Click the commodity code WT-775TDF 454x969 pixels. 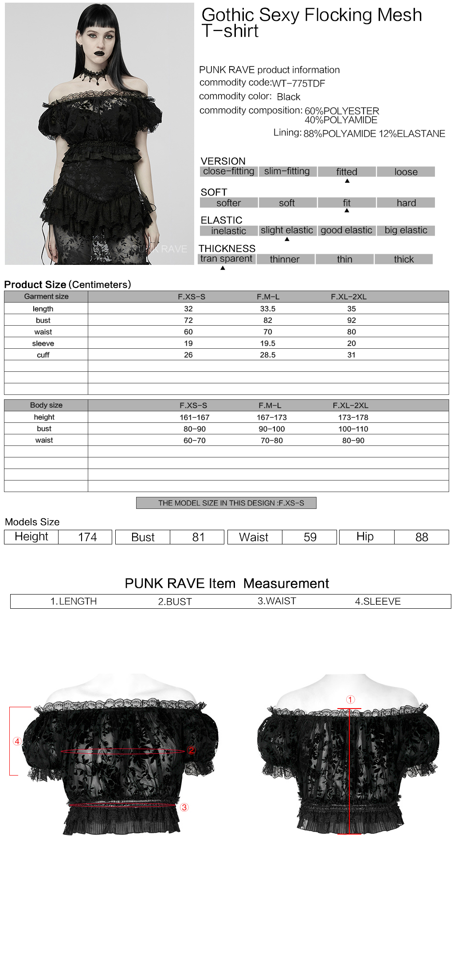[298, 83]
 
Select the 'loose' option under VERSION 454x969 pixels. [406, 172]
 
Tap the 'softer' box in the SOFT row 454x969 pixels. [229, 203]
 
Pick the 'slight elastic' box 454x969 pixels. [287, 230]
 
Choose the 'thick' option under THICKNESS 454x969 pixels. [403, 259]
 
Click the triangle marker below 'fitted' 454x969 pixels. [347, 181]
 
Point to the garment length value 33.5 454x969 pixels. [268, 309]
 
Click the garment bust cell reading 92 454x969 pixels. [352, 320]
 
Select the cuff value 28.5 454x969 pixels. [268, 355]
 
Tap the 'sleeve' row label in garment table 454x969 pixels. [43, 343]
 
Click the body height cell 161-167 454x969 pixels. [195, 418]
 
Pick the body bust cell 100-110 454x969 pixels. [353, 429]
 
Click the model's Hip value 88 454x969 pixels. [422, 537]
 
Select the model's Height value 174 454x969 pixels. [87, 537]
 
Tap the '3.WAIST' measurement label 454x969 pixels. [277, 601]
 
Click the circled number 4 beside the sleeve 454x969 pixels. [17, 741]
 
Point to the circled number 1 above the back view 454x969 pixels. [350, 700]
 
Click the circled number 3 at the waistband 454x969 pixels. [184, 807]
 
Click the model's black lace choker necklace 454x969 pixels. [95, 75]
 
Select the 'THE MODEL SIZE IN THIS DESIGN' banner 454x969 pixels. [226, 503]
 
